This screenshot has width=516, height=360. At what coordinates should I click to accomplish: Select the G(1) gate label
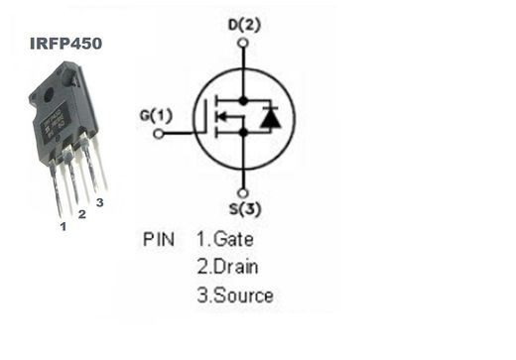click(x=155, y=116)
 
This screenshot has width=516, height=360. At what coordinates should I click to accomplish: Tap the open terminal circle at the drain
click(x=243, y=42)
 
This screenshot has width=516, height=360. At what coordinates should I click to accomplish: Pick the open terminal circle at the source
click(x=243, y=191)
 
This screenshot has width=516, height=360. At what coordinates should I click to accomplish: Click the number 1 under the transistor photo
click(x=62, y=226)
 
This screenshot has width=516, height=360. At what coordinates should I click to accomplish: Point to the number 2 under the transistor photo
click(x=81, y=213)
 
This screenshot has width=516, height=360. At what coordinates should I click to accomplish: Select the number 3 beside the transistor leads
click(x=99, y=202)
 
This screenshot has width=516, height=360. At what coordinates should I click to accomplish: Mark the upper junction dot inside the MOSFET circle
click(x=243, y=100)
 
